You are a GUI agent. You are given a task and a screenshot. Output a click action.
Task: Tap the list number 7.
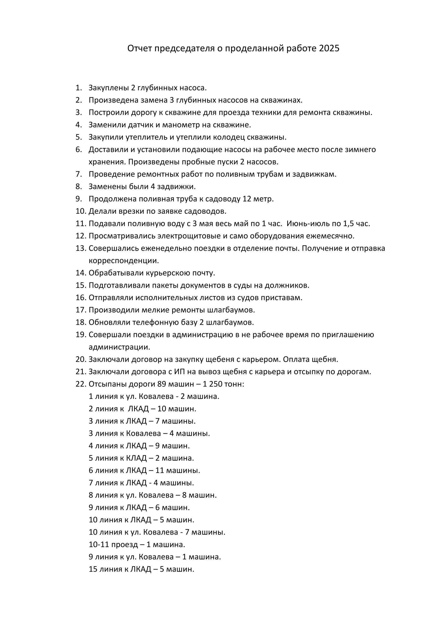[x=79, y=174]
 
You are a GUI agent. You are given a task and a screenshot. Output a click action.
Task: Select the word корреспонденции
[x=124, y=261]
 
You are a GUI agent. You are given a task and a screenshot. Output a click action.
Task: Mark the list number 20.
[x=80, y=360]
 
